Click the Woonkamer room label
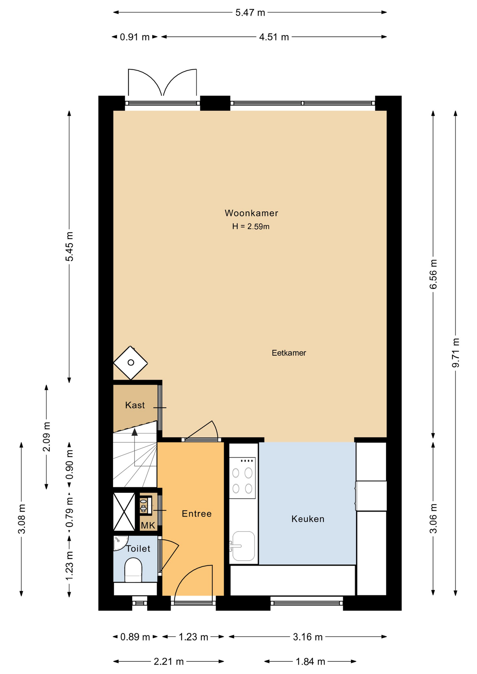tap(251, 213)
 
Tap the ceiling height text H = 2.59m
tap(251, 226)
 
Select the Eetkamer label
tap(289, 353)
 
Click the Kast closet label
tap(135, 405)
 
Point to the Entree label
tap(197, 514)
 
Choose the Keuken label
tap(308, 519)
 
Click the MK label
tap(148, 526)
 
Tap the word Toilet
tap(138, 549)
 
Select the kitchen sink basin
tap(244, 546)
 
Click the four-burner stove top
tap(242, 478)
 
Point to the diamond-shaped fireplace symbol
tap(130, 363)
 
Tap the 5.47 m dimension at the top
tap(250, 13)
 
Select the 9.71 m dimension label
tap(456, 353)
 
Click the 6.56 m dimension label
tap(433, 274)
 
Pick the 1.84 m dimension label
tap(311, 662)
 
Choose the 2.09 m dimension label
tap(46, 437)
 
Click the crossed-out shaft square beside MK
tap(124, 511)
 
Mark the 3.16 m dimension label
tap(308, 637)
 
